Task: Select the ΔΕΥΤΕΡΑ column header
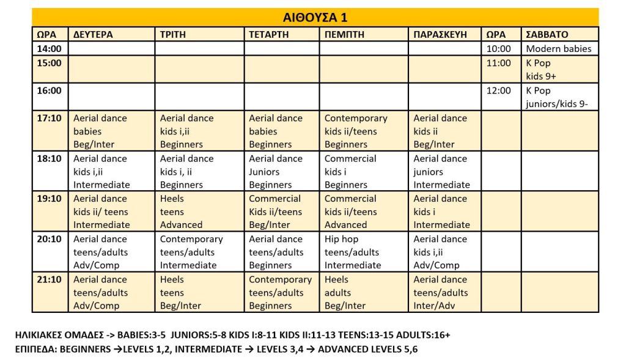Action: (x=93, y=35)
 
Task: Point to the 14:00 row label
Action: (x=50, y=49)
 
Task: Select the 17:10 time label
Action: (x=50, y=119)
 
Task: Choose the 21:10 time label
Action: (x=50, y=280)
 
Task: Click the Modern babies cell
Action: (x=559, y=49)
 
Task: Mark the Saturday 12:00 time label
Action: (x=499, y=90)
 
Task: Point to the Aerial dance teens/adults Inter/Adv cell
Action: (x=441, y=292)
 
